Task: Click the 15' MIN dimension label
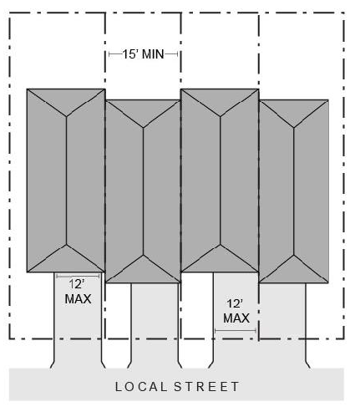(x=143, y=54)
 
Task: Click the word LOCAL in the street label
(x=141, y=387)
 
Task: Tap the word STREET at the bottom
(x=206, y=387)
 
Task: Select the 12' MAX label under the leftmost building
(x=78, y=292)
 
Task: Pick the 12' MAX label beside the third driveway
(x=236, y=311)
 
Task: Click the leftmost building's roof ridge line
(x=66, y=181)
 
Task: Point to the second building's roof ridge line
(x=143, y=191)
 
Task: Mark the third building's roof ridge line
(x=221, y=181)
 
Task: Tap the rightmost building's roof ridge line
(x=294, y=191)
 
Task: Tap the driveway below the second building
(x=155, y=325)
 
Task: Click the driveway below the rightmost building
(x=282, y=325)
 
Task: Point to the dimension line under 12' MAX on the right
(x=236, y=331)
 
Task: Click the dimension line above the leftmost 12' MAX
(x=78, y=276)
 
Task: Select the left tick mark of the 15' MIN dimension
(x=109, y=54)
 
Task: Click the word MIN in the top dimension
(x=153, y=54)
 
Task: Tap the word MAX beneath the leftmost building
(x=78, y=299)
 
